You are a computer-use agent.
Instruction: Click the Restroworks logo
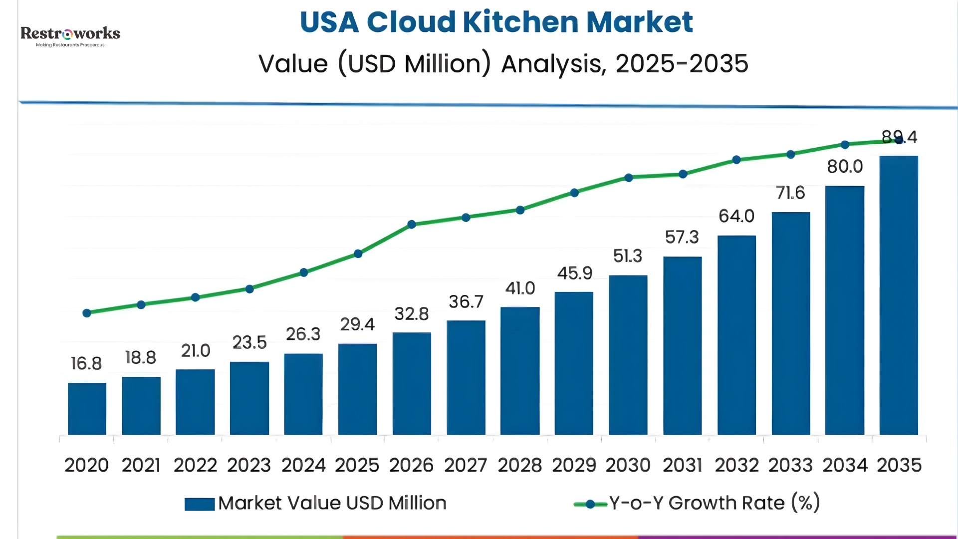(x=70, y=36)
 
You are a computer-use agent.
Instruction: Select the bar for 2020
(x=87, y=409)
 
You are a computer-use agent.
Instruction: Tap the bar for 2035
(x=899, y=295)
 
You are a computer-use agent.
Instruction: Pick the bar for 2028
(x=520, y=371)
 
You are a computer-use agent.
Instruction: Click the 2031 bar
(x=682, y=345)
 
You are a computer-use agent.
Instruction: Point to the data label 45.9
(x=574, y=273)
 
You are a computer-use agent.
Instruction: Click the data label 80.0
(x=845, y=166)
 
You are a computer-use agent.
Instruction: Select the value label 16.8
(x=86, y=363)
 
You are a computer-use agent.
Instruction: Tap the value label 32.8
(x=412, y=314)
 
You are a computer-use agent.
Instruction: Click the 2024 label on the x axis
(x=303, y=465)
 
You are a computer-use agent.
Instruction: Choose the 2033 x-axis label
(x=790, y=465)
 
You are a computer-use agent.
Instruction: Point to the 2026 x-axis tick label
(x=412, y=465)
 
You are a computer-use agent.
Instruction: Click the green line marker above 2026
(x=412, y=225)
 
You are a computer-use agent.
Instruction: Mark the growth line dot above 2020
(x=87, y=313)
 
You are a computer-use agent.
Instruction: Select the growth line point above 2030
(x=629, y=178)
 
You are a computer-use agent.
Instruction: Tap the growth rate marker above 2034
(x=845, y=145)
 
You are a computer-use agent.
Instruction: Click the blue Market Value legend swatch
(x=200, y=504)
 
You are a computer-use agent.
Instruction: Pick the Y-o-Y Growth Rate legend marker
(x=590, y=504)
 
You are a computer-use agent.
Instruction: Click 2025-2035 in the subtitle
(x=682, y=64)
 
